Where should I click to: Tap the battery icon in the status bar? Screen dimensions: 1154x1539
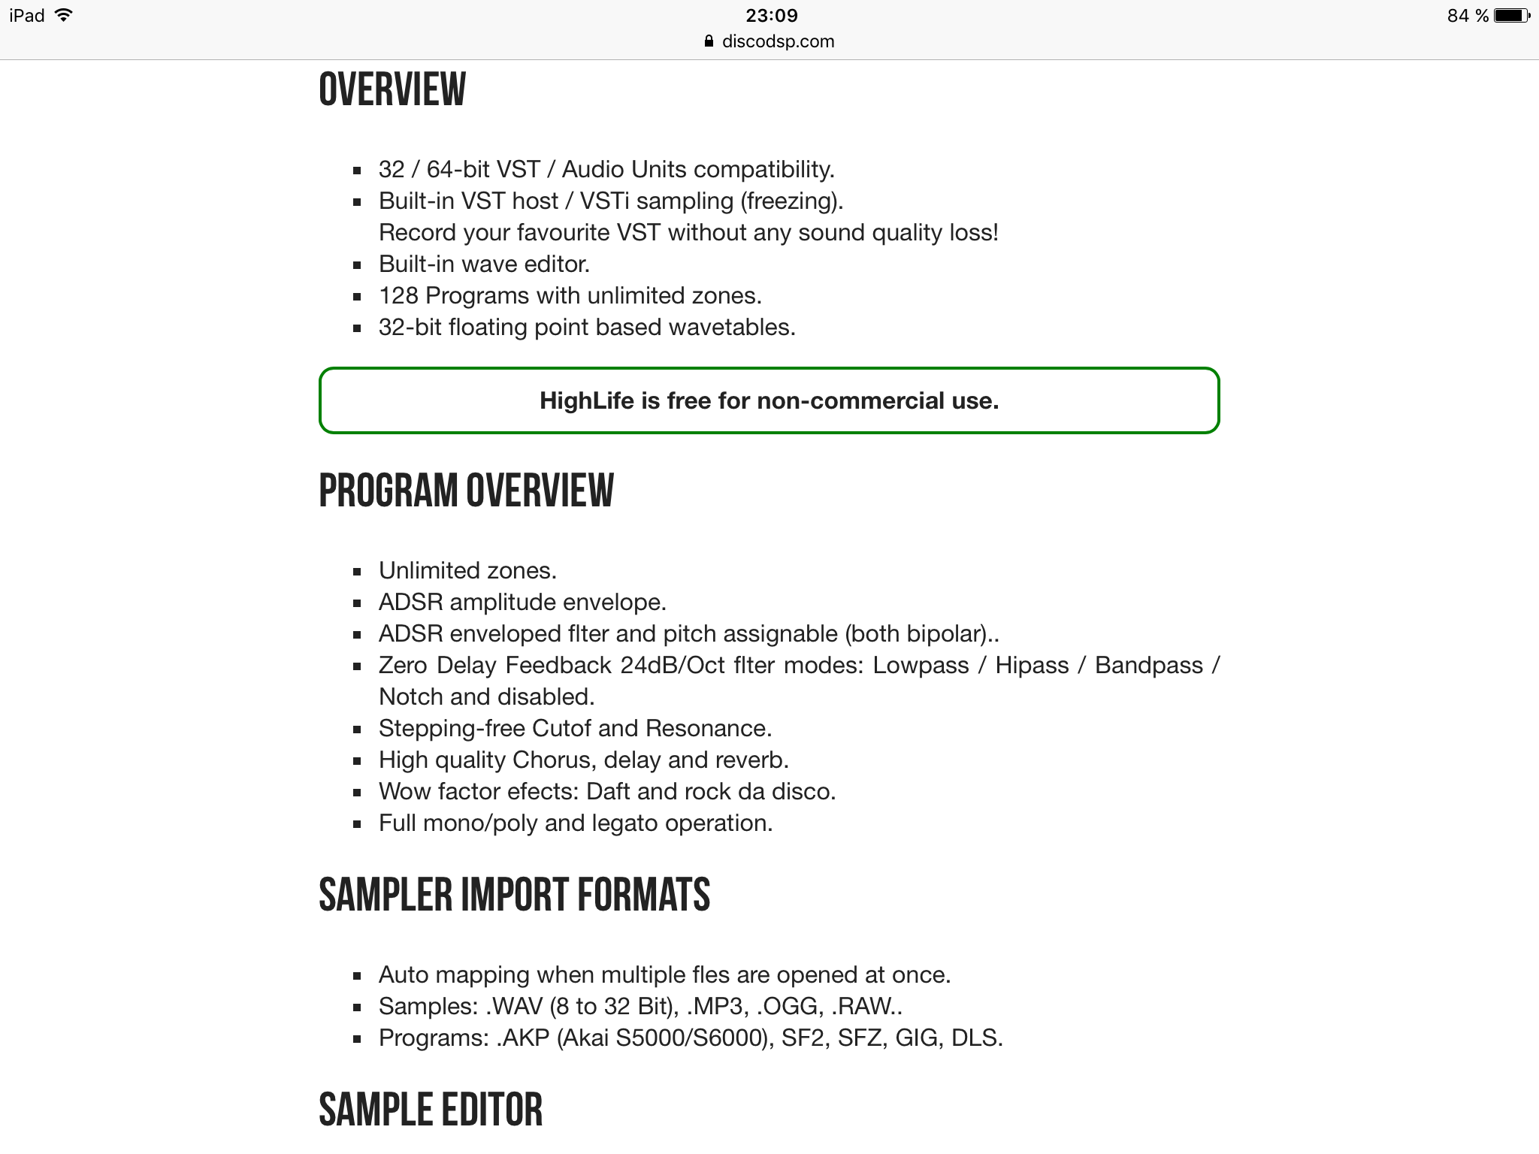click(x=1511, y=15)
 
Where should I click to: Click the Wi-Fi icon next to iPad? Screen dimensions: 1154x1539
click(x=64, y=15)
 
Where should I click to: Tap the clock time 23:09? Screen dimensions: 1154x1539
click(x=772, y=15)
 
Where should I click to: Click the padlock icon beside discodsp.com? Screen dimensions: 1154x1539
click(x=709, y=41)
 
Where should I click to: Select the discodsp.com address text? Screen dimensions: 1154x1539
click(x=778, y=41)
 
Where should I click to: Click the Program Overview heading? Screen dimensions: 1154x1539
click(x=466, y=491)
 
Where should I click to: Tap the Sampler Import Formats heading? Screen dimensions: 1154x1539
click(x=514, y=895)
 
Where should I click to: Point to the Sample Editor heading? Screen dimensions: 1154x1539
click(x=430, y=1110)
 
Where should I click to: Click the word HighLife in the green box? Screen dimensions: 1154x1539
click(x=587, y=400)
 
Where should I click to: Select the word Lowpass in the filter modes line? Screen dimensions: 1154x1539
click(x=921, y=665)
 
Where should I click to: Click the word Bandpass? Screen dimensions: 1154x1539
click(x=1148, y=665)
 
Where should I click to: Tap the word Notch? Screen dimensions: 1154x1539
click(x=411, y=696)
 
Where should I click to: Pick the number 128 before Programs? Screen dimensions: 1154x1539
click(x=398, y=295)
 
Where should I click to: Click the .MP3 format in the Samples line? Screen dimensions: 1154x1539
click(x=713, y=1006)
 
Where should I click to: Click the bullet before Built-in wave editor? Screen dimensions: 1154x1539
click(x=358, y=264)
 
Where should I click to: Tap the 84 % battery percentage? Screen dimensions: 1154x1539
click(x=1468, y=15)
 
